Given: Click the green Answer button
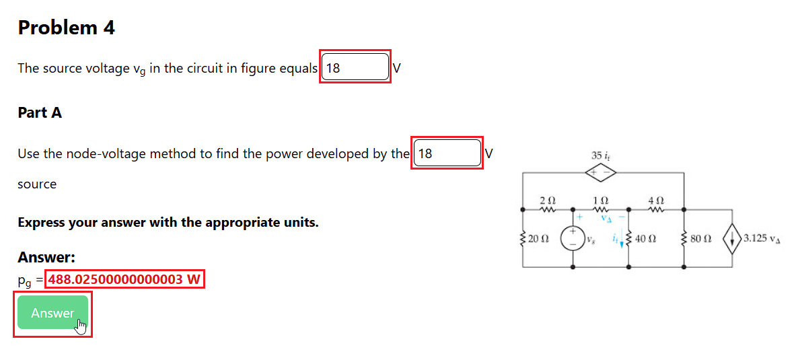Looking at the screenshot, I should click(x=52, y=313).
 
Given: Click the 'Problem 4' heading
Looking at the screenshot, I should click(x=66, y=28).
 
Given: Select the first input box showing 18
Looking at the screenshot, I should click(x=355, y=68).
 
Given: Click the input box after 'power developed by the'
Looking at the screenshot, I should click(x=447, y=153).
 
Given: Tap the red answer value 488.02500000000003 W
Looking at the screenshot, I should click(x=125, y=279).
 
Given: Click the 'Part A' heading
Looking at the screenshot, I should click(x=40, y=113).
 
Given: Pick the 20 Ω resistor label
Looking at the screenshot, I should click(x=538, y=238).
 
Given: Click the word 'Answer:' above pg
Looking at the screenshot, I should click(x=46, y=257).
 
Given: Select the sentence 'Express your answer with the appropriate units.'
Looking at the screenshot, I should click(x=168, y=222).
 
